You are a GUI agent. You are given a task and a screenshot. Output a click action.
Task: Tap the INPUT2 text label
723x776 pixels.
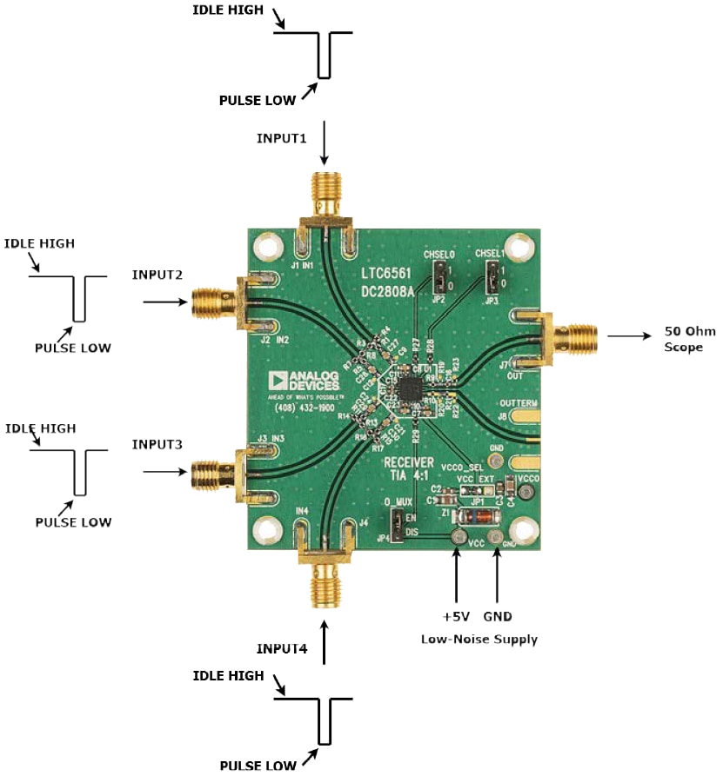(x=157, y=275)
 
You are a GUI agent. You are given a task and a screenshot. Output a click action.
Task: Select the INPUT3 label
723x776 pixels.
(x=157, y=444)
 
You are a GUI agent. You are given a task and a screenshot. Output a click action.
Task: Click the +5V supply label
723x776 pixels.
(x=456, y=617)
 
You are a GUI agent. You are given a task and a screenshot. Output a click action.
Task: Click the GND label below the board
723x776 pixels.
(x=498, y=617)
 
